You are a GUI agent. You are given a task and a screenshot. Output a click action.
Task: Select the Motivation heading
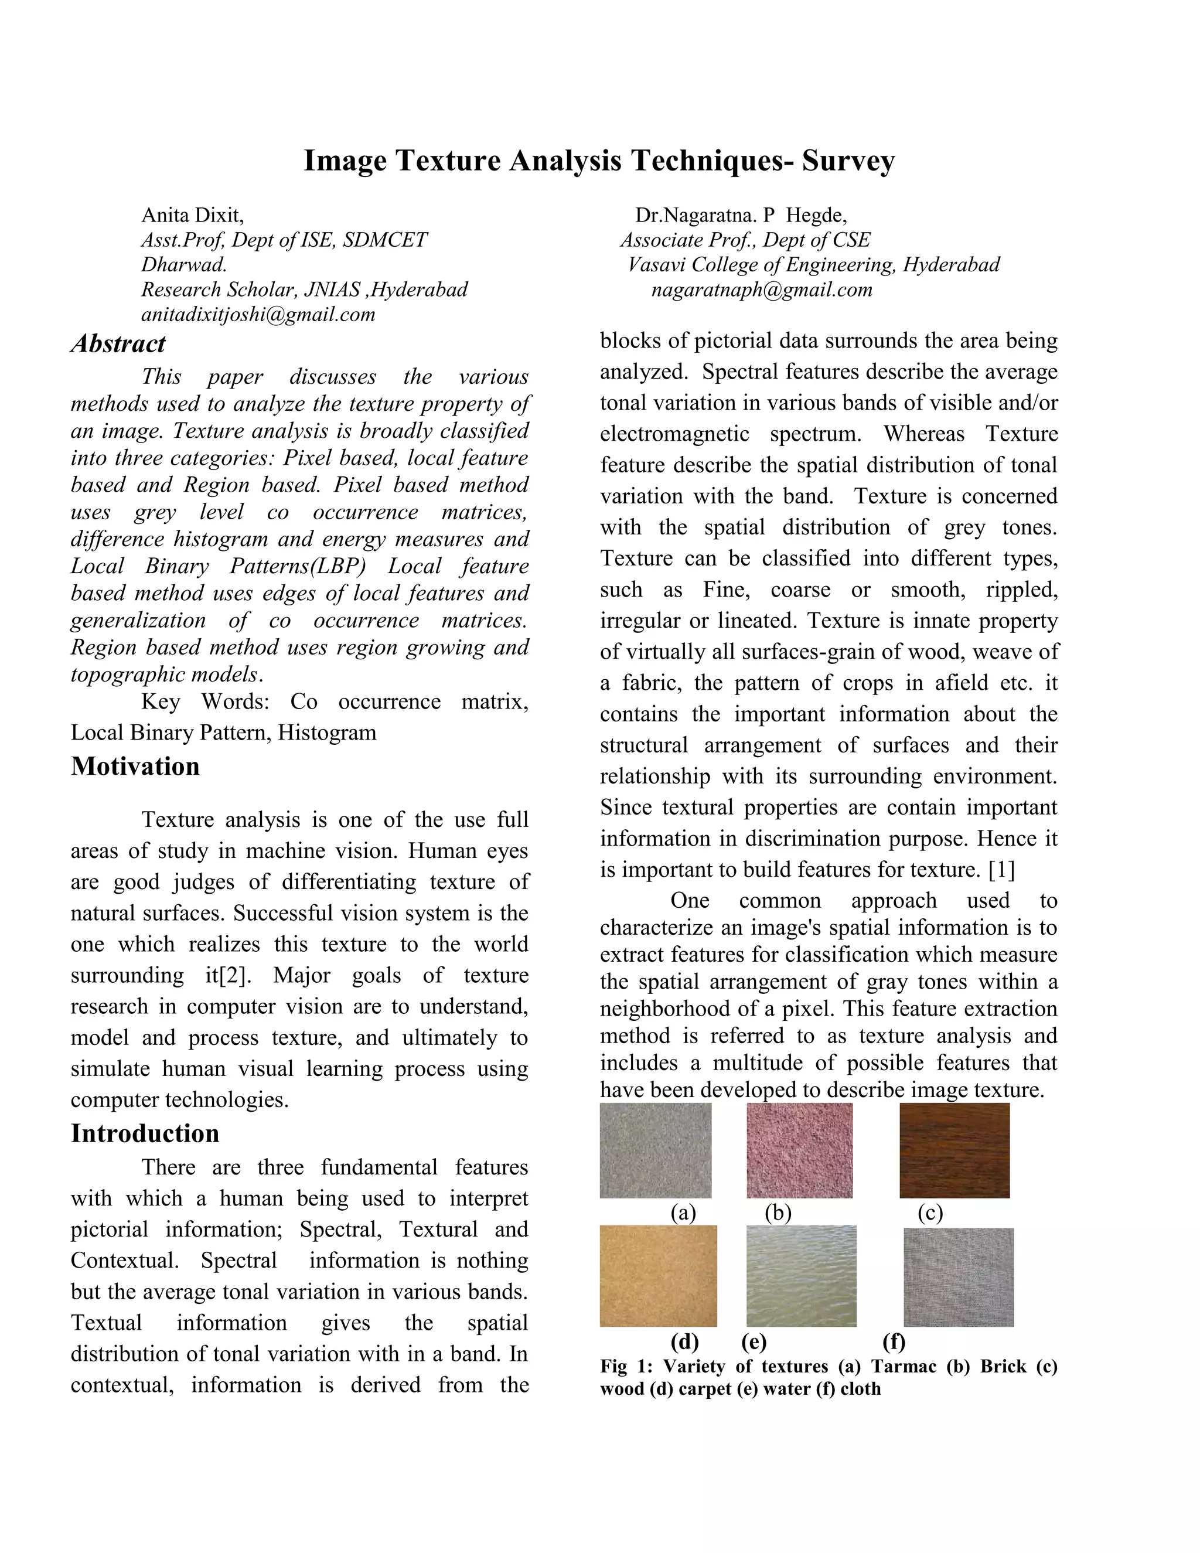coord(135,767)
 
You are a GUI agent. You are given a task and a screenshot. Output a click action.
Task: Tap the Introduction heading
coord(145,1133)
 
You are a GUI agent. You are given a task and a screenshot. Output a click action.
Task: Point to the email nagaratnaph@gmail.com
coord(761,290)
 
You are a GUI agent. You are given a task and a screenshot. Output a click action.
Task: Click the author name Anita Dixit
coord(193,214)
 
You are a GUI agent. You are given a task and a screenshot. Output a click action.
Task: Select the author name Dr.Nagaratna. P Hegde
coord(741,214)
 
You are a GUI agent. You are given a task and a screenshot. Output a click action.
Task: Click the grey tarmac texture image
coord(656,1150)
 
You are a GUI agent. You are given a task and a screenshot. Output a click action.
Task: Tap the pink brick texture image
coord(799,1150)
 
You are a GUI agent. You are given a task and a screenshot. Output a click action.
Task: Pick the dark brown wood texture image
coord(954,1150)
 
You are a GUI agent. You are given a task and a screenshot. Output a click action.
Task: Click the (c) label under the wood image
coord(930,1213)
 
